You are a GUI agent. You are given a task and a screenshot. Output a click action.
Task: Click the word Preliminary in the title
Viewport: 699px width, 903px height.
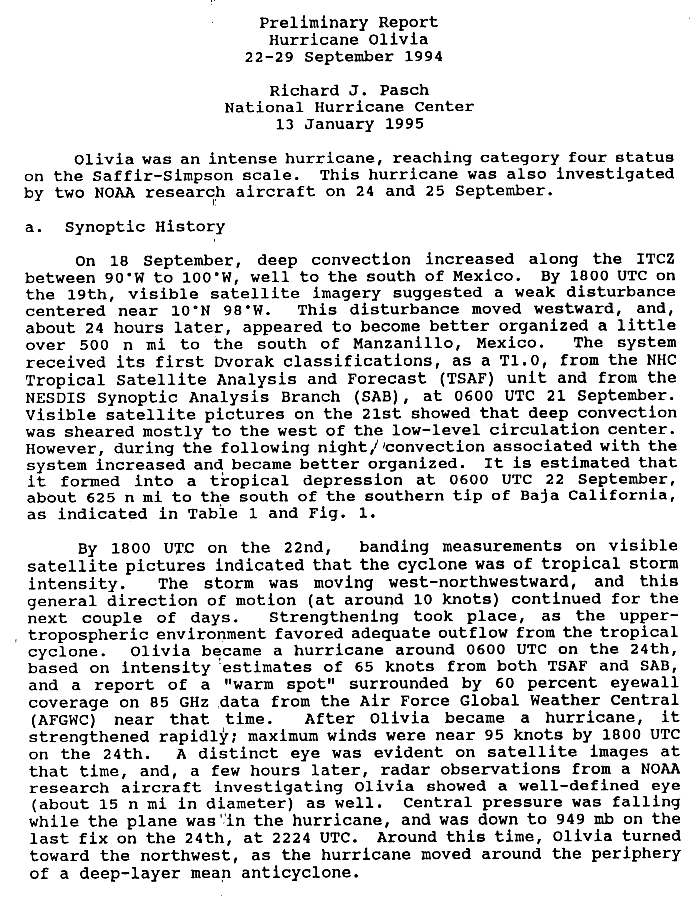[x=303, y=22]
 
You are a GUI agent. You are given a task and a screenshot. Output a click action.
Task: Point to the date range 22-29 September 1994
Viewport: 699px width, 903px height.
[x=343, y=56]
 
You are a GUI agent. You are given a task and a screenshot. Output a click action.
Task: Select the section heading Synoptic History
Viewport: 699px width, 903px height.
[x=145, y=227]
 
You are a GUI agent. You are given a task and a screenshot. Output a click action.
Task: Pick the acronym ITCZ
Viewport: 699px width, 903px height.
[x=655, y=260]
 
